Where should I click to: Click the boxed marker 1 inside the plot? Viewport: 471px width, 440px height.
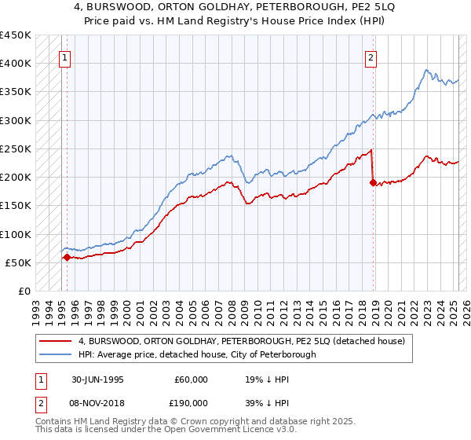click(x=64, y=57)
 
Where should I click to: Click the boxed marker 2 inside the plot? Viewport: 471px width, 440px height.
click(x=370, y=57)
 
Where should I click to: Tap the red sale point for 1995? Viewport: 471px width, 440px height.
click(x=67, y=256)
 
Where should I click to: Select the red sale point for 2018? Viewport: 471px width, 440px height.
click(x=373, y=182)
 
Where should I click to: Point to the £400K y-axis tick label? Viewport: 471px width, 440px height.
click(x=16, y=64)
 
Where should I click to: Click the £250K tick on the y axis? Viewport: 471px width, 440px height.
click(x=16, y=148)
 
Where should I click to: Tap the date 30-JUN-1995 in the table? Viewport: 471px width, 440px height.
click(x=97, y=379)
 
